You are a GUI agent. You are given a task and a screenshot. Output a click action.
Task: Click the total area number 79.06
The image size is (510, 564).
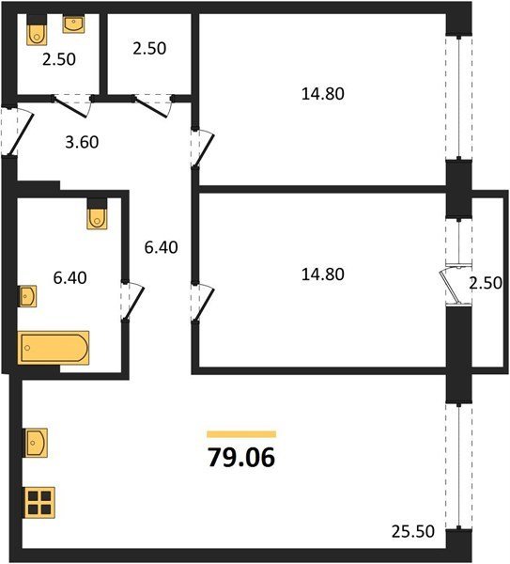click(x=241, y=458)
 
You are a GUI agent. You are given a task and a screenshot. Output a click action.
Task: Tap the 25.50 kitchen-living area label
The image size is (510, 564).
click(x=413, y=531)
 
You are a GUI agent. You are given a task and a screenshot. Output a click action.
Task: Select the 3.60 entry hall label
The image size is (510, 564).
click(x=82, y=143)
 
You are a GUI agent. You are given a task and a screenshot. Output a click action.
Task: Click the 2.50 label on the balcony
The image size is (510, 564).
click(x=486, y=283)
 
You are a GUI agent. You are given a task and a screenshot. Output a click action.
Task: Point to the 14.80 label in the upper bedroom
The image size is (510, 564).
click(x=323, y=94)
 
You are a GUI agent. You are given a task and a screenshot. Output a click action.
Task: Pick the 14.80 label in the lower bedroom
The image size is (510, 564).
click(x=323, y=274)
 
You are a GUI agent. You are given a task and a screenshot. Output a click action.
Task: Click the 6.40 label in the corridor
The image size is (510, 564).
click(x=161, y=247)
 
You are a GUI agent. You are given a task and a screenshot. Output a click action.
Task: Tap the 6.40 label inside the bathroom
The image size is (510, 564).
click(x=70, y=278)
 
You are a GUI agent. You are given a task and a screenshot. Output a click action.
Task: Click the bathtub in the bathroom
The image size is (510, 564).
click(x=54, y=348)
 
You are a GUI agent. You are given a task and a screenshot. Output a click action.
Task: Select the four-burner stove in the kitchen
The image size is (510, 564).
click(x=39, y=503)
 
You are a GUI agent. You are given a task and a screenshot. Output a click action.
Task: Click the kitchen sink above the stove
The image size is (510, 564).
click(x=36, y=443)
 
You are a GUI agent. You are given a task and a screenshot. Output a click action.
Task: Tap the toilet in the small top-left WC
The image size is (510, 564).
click(x=37, y=30)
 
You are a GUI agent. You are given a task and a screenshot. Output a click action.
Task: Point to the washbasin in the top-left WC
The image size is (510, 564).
click(x=73, y=24)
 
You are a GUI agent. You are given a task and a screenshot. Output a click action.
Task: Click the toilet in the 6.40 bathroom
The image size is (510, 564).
click(x=97, y=213)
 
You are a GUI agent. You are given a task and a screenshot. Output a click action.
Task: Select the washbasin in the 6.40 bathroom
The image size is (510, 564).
click(x=27, y=296)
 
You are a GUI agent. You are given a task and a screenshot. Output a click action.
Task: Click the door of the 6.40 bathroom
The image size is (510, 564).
click(x=133, y=302)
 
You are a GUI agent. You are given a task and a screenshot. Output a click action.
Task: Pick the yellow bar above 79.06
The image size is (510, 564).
click(x=241, y=434)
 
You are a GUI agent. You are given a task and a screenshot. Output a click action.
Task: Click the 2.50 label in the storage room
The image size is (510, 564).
click(x=149, y=49)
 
